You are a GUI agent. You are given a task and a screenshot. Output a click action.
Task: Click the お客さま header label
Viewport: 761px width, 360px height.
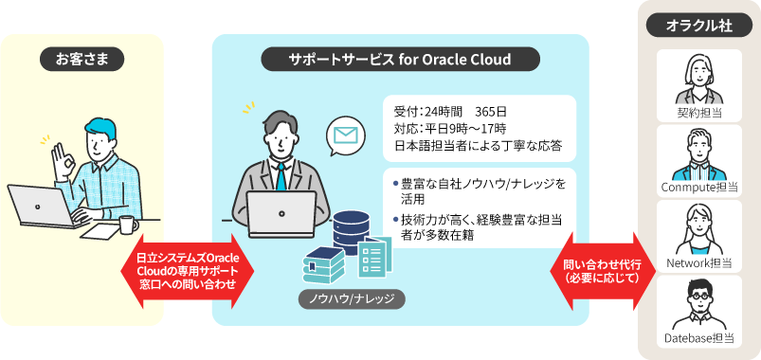pos(82,60)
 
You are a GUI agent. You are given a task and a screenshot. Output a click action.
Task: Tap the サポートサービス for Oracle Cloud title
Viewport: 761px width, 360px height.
pos(400,60)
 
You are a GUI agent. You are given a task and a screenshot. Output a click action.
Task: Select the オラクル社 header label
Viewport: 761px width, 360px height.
pos(699,27)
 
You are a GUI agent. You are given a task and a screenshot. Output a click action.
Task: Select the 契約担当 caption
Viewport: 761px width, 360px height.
pos(699,113)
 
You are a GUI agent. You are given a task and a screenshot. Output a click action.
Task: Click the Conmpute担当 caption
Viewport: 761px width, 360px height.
pos(699,189)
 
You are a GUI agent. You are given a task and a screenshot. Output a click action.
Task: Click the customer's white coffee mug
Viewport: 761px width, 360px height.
pos(127,224)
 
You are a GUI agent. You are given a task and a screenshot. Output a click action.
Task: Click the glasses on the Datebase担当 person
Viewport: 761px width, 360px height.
pos(699,297)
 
